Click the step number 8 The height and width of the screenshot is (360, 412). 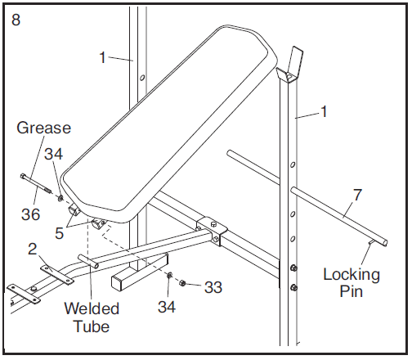[16, 20]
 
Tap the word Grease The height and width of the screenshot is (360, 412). [43, 128]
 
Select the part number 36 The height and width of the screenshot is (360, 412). [30, 214]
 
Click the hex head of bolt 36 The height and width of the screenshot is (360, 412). [23, 176]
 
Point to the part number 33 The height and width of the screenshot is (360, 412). [213, 287]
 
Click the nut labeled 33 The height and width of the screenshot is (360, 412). [182, 283]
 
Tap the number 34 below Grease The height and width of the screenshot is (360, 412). [53, 154]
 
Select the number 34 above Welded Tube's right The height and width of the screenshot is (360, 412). [167, 307]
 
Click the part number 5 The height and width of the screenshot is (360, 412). [59, 233]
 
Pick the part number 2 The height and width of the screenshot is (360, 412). [33, 249]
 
